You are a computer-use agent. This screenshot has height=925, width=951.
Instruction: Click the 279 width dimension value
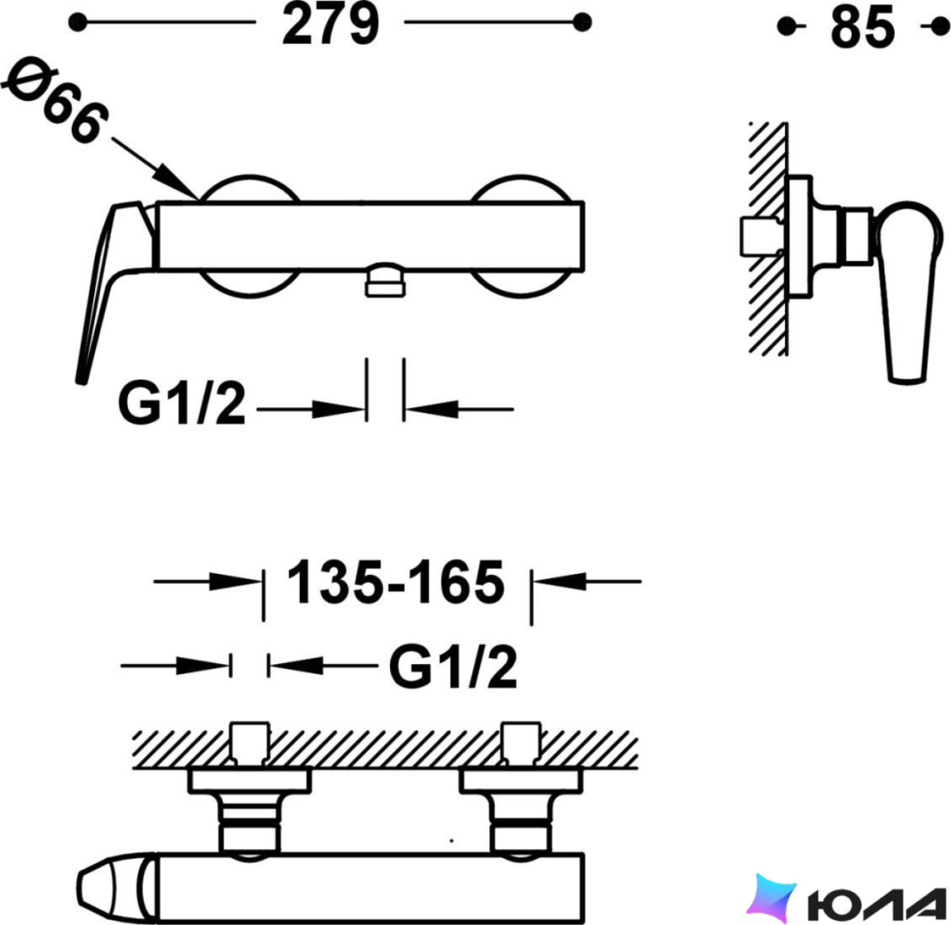330,23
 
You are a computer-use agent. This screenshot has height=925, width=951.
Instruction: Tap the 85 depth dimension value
863,28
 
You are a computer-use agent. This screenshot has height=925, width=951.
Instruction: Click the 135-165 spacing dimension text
395,582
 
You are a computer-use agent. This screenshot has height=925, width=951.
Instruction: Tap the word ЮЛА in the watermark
877,903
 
